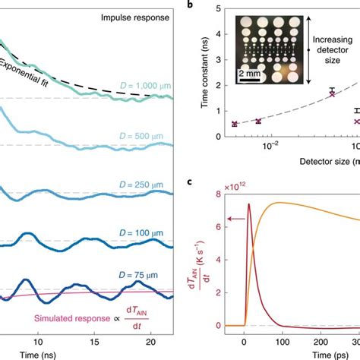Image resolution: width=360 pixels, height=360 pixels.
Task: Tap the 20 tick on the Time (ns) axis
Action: tap(153, 339)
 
